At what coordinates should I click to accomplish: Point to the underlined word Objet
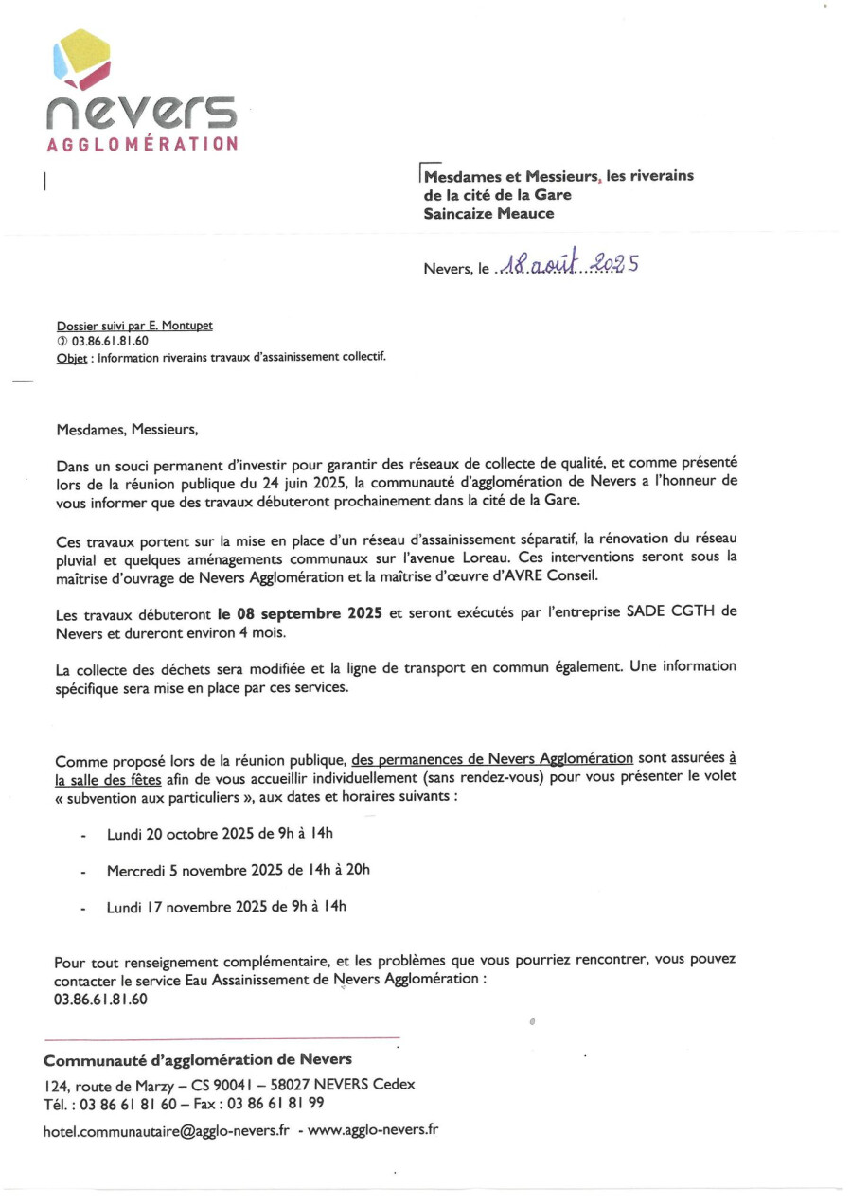(72, 357)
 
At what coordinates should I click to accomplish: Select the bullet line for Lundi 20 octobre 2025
(221, 834)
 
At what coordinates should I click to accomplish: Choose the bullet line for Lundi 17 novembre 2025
(226, 907)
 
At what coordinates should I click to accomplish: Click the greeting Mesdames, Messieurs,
(128, 429)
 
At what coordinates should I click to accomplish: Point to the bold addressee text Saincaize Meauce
(488, 214)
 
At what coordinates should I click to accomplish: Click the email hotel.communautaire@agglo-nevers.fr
(166, 1130)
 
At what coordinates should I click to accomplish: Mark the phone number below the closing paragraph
(100, 999)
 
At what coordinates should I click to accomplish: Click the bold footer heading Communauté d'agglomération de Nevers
(198, 1060)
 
